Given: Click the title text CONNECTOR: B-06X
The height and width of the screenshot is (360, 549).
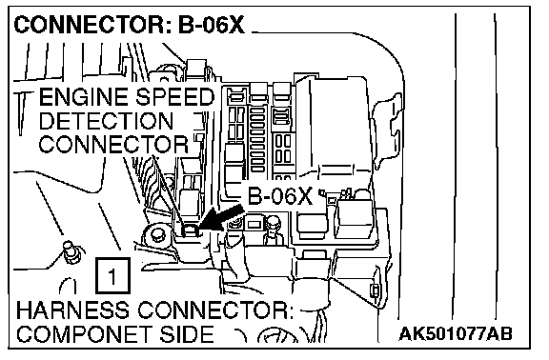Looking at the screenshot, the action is tap(129, 25).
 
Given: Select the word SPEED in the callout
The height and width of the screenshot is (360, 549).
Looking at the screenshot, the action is tap(175, 97).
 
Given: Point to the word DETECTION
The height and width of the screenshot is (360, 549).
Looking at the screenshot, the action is tap(106, 121).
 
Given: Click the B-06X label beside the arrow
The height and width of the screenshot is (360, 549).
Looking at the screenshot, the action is tap(280, 196).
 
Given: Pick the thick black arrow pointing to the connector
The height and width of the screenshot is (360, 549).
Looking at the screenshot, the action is tap(220, 218).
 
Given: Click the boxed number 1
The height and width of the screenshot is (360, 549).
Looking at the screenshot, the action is tap(112, 275).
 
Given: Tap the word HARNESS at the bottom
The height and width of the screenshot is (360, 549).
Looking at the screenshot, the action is tap(72, 310).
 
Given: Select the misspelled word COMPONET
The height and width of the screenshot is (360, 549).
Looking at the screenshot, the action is tap(85, 334).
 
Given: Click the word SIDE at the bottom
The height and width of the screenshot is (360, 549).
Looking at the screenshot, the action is tap(187, 334).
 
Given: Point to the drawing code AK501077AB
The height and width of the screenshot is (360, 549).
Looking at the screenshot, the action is tap(456, 333).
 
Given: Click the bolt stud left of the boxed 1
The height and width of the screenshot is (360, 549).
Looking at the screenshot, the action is tap(72, 251).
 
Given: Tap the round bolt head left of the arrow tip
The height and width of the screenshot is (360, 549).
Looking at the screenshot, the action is tap(156, 235).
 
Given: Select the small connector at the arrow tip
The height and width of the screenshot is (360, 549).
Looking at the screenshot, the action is tap(190, 230).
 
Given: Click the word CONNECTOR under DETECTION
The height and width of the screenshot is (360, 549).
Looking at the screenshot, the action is tap(113, 144).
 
